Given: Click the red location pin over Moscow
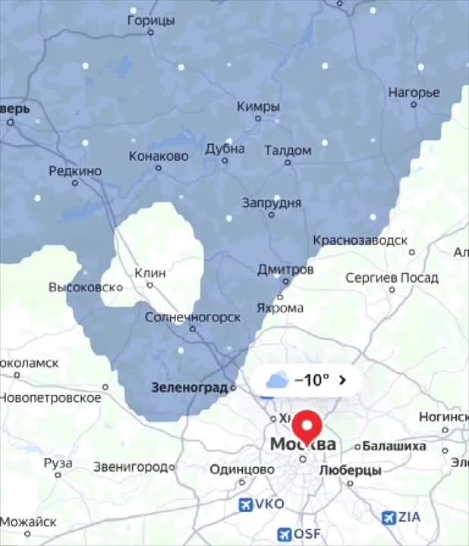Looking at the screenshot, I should pos(307,425).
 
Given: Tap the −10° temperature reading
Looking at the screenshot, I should pos(311,380).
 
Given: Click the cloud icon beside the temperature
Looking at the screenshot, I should pos(276,380).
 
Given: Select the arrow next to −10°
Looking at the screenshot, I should pos(343,380).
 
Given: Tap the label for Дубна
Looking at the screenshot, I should pos(225,149).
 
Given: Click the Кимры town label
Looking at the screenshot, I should pos(258,107).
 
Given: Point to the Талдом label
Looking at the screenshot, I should pos(288,150).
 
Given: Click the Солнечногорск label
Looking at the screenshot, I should pos(193,317).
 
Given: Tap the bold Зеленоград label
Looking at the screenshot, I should pos(190,388).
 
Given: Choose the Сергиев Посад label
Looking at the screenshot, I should pos(392,278).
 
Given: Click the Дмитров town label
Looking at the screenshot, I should pos(285,270).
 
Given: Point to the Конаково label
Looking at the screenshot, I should pos(159,156).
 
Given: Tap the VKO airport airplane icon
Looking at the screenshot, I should pos(246,504).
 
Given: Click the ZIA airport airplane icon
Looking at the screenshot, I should pos(389,517).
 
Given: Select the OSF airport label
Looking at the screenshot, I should pos(307,534).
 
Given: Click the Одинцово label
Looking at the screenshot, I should pos(242,470).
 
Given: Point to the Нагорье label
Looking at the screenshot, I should pos(414,93).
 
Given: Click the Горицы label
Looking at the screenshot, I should pos(151,20).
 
